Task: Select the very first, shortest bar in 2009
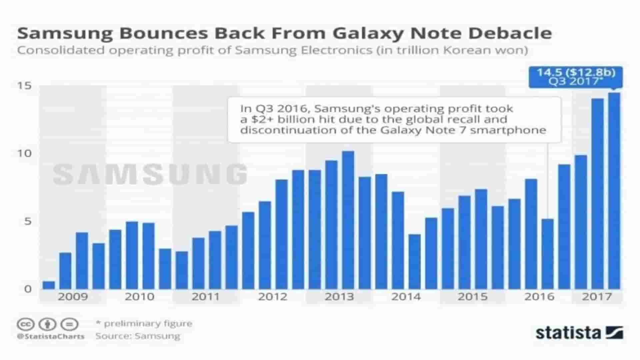[49, 285]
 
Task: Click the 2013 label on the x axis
[339, 296]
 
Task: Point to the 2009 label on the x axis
[73, 296]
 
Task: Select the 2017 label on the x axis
[597, 296]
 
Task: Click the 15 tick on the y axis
[24, 86]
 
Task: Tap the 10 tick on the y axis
[24, 154]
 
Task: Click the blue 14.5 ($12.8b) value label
[576, 73]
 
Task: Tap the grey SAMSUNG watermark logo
[150, 174]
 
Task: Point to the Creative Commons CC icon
[26, 324]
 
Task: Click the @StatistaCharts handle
[51, 336]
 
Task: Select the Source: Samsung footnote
[138, 336]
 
